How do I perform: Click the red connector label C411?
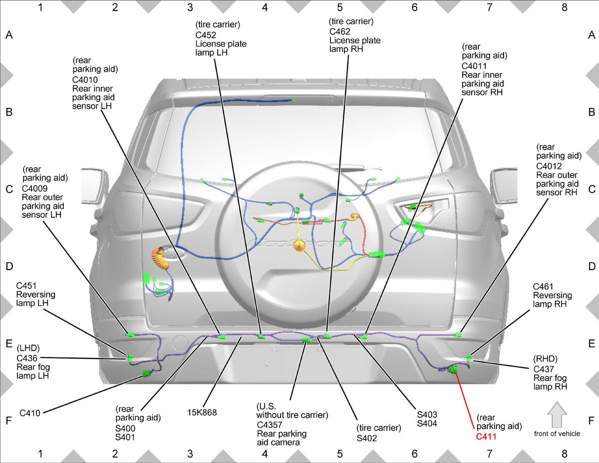(486, 437)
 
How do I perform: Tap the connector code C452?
(206, 35)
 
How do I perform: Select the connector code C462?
(339, 31)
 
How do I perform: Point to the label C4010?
(85, 80)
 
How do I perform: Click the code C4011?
(474, 66)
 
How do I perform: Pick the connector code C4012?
(549, 166)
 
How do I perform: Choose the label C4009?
(34, 188)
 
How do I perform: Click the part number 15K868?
(202, 413)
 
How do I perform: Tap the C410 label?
(30, 413)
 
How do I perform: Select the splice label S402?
(366, 438)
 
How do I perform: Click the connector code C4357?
(270, 425)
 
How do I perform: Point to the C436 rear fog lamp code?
(27, 358)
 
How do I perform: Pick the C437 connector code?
(544, 369)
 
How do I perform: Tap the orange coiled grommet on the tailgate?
(160, 258)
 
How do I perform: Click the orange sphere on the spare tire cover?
(299, 246)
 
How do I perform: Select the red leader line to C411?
(465, 401)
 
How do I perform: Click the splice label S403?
(427, 415)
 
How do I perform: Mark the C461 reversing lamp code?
(543, 287)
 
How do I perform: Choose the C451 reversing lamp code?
(26, 286)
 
